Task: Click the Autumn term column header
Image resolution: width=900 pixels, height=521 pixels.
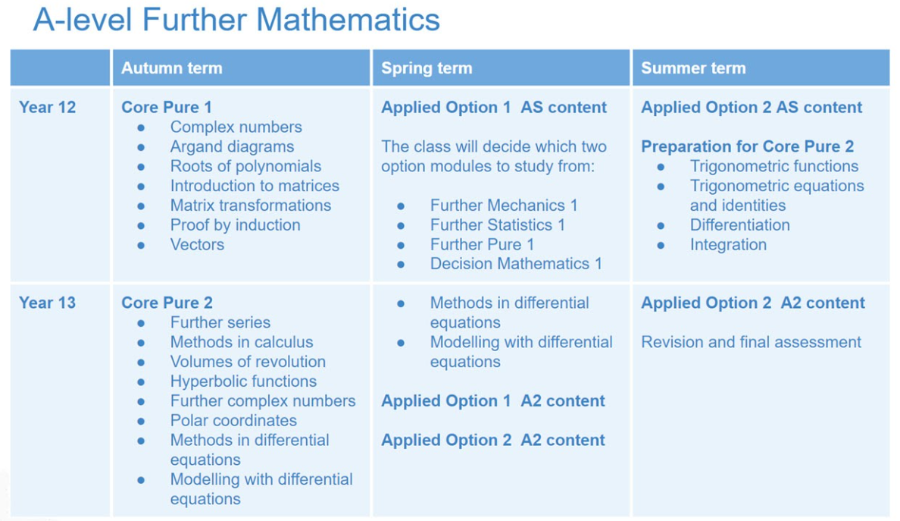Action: [172, 67]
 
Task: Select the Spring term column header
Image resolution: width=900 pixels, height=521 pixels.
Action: [427, 67]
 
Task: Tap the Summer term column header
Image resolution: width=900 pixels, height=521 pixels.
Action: [693, 67]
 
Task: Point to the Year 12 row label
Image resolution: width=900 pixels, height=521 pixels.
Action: [47, 108]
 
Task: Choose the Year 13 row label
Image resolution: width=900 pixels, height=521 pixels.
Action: [47, 303]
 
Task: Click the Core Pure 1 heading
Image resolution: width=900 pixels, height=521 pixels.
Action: [167, 108]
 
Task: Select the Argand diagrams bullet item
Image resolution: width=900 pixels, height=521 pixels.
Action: [232, 146]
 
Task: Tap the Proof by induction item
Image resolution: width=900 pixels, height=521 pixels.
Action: [236, 224]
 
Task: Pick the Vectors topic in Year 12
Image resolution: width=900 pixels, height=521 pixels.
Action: [197, 244]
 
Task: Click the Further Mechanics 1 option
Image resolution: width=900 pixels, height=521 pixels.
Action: [504, 205]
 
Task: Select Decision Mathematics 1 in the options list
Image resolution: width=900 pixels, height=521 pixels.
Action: [516, 264]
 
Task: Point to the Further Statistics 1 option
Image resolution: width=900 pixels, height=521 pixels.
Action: [498, 224]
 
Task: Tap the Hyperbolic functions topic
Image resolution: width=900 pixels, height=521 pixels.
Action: [243, 381]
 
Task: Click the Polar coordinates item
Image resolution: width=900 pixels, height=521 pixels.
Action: [233, 420]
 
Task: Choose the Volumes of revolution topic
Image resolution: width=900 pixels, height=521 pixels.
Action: [248, 361]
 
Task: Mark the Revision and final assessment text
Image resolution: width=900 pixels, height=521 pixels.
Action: [752, 342]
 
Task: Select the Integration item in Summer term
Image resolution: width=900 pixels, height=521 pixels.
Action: [728, 244]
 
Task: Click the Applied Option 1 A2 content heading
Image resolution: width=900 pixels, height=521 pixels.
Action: [493, 400]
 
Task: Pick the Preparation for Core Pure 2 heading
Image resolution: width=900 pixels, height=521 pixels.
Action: [747, 146]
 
